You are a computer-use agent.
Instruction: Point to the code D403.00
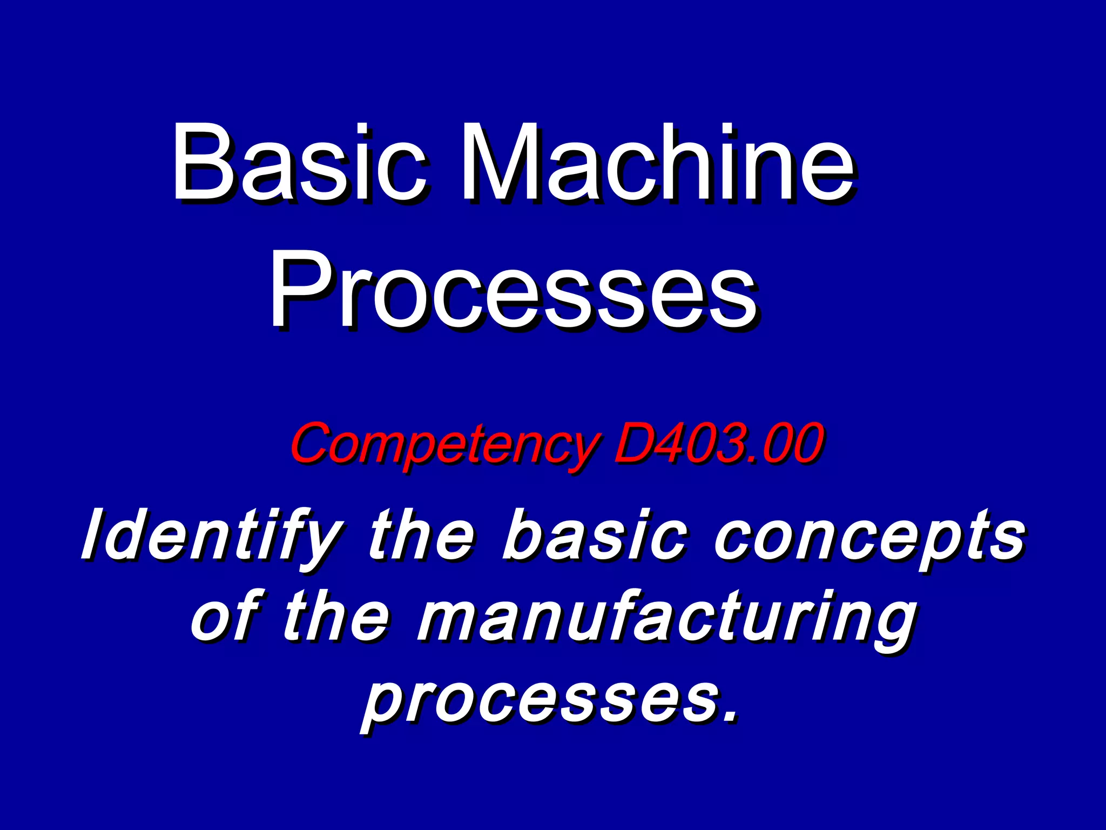(718, 443)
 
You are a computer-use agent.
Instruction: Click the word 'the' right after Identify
(421, 535)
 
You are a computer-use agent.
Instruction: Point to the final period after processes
(731, 717)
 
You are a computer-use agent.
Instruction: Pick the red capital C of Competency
(313, 443)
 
